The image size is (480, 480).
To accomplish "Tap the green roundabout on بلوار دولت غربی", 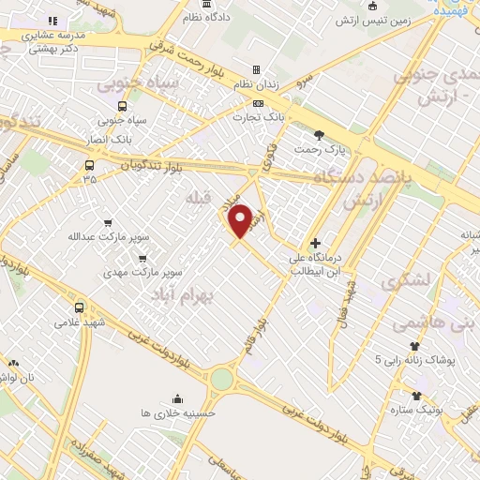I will pyautogui.click(x=221, y=379).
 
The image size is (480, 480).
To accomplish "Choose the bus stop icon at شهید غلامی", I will pyautogui.click(x=79, y=307).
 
